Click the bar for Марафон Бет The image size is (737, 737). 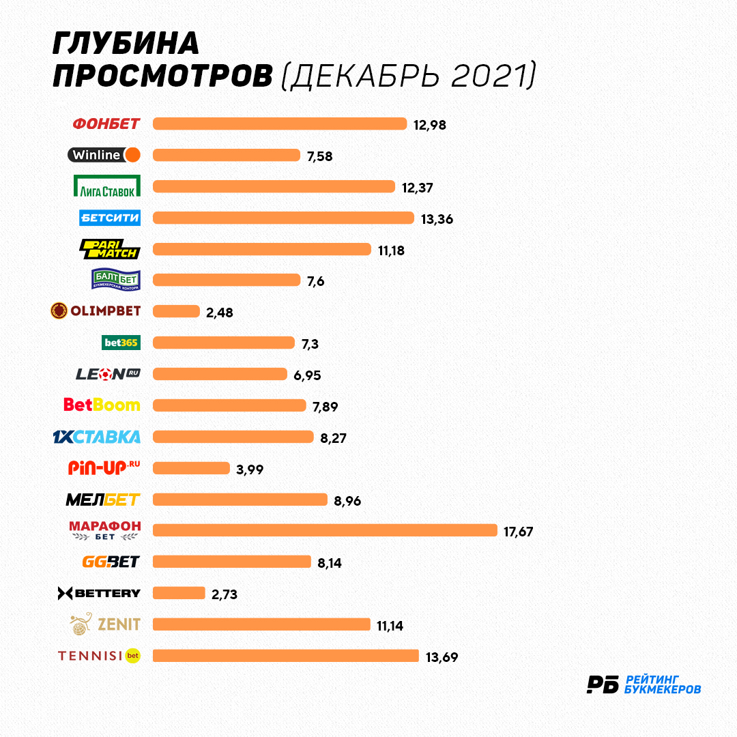[x=325, y=530]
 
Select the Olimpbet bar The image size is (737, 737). [x=176, y=311]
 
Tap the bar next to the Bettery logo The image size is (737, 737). [x=179, y=593]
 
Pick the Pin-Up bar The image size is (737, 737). [x=191, y=468]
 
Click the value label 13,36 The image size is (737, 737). [x=437, y=220]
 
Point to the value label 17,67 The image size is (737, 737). [x=518, y=532]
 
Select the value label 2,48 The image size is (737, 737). [x=220, y=313]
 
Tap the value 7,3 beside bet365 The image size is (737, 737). [x=310, y=345]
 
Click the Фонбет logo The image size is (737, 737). [x=106, y=124]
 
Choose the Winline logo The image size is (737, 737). [x=104, y=155]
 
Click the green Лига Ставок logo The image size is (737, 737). [x=107, y=186]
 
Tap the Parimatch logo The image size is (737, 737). [x=110, y=249]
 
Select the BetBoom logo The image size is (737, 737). [x=102, y=405]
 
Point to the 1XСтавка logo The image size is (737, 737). [x=96, y=437]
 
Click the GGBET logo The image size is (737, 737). [x=111, y=562]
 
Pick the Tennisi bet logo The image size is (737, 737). [x=99, y=656]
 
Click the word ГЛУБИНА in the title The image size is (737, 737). [x=126, y=44]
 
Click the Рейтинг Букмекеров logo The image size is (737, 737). [x=644, y=684]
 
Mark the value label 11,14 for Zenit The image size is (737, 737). [x=390, y=626]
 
